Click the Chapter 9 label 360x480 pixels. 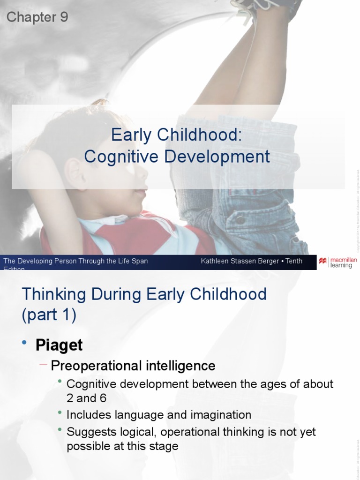[37, 17]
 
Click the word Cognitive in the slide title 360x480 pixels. [121, 157]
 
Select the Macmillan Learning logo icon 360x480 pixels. [323, 261]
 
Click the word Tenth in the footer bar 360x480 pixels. [292, 261]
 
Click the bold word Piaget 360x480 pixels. [59, 345]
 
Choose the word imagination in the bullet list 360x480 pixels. [221, 415]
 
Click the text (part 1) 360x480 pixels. [49, 315]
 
